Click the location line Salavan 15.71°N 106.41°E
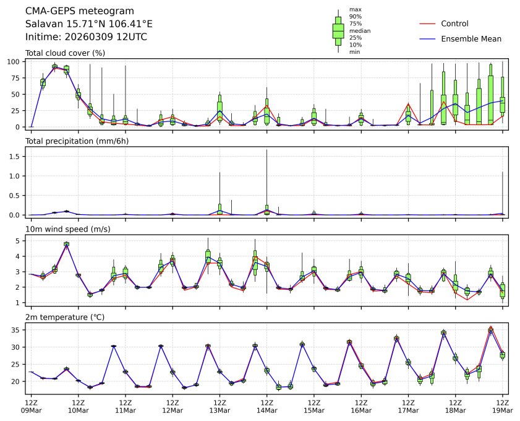[x=88, y=24]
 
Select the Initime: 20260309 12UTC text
[x=86, y=37]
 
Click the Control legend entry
[x=454, y=24]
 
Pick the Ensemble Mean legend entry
[x=471, y=38]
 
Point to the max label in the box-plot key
[x=355, y=9]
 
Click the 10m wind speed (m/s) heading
[x=68, y=230]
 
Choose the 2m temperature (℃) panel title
[x=67, y=318]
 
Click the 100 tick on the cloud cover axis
[x=16, y=62]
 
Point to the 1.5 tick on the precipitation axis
[x=17, y=157]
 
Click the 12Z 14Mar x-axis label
[x=266, y=406]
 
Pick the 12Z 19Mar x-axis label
[x=501, y=406]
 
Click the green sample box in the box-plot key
[x=338, y=30]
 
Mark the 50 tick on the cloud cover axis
[x=18, y=94]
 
